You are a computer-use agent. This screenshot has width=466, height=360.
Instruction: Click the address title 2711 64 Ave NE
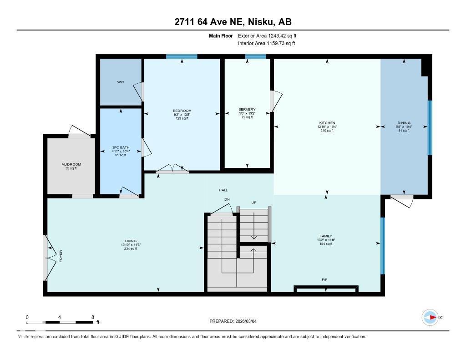233,21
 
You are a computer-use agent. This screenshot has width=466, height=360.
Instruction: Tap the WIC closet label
121,82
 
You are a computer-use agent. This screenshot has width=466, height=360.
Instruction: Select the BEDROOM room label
182,111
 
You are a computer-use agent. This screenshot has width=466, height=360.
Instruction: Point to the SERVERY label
247,110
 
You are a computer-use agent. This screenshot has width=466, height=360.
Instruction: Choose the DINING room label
404,123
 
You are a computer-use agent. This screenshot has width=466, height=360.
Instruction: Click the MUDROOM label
71,164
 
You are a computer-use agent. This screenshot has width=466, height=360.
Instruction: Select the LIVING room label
131,241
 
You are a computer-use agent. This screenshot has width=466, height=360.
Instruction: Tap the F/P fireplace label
325,279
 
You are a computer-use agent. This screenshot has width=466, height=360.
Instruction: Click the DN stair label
227,199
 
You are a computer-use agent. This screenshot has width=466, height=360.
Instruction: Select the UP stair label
254,202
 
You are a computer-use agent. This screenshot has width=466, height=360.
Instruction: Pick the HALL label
223,190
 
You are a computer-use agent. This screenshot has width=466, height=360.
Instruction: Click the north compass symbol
430,317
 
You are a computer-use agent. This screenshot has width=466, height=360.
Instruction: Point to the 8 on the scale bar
93,317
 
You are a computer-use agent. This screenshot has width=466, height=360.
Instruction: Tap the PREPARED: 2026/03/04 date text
236,321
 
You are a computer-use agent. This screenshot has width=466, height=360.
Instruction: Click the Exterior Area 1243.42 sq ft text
267,35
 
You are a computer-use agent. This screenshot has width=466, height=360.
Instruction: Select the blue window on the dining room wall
430,127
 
